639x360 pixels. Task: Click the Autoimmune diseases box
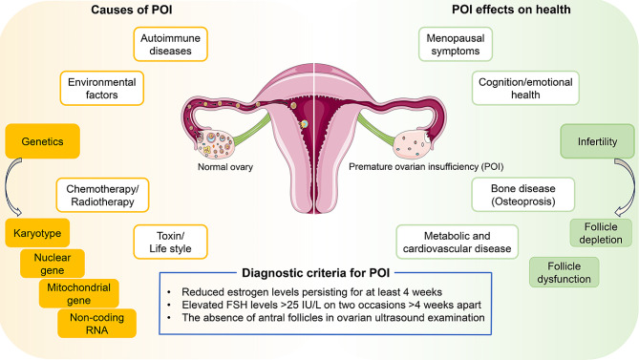pyautogui.click(x=170, y=44)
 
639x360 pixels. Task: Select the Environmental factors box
pyautogui.click(x=102, y=89)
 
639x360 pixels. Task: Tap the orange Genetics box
pyautogui.click(x=42, y=141)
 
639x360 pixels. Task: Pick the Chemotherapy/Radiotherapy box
pyautogui.click(x=103, y=195)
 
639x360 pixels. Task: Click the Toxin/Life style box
pyautogui.click(x=170, y=242)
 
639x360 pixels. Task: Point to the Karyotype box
pyautogui.click(x=37, y=233)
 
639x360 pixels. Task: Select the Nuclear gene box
pyautogui.click(x=53, y=264)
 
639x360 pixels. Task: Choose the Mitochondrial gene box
pyautogui.click(x=79, y=293)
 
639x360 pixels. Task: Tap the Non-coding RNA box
pyautogui.click(x=97, y=324)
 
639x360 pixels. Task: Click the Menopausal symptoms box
pyautogui.click(x=456, y=44)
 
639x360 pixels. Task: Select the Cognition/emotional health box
pyautogui.click(x=525, y=89)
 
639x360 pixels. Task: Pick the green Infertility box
pyautogui.click(x=597, y=141)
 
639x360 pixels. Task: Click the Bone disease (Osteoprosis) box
pyautogui.click(x=523, y=195)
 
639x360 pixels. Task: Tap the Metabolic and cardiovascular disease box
pyautogui.click(x=458, y=242)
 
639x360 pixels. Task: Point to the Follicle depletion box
pyautogui.click(x=601, y=233)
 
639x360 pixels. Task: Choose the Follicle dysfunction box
pyautogui.click(x=564, y=272)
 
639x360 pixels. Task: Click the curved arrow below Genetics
pyautogui.click(x=7, y=187)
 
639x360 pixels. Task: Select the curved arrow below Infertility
pyautogui.click(x=632, y=186)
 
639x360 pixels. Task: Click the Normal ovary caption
pyautogui.click(x=225, y=167)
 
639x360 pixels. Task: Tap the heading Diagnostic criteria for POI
pyautogui.click(x=316, y=273)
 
